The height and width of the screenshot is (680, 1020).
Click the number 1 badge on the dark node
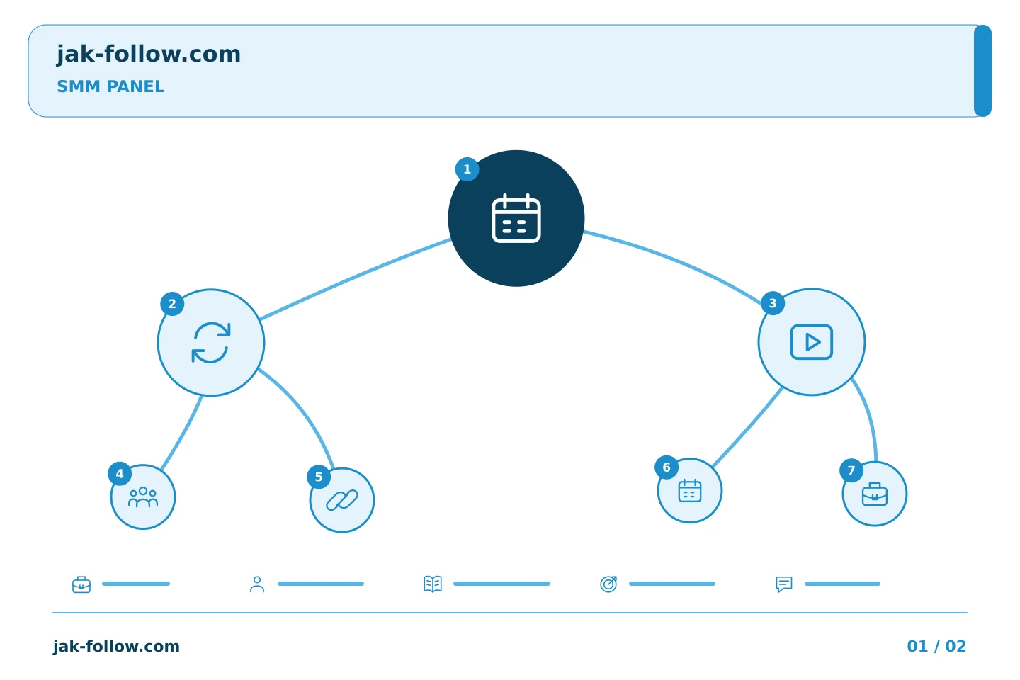[x=467, y=169]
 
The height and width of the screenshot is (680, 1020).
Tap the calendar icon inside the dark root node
[x=516, y=218]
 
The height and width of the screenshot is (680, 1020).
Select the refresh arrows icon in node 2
[x=211, y=343]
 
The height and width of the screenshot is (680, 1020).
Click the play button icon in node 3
[x=812, y=342]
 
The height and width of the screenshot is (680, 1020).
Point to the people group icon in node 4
[x=143, y=497]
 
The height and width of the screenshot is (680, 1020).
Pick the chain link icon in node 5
[x=342, y=500]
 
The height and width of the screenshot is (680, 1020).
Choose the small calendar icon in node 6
[x=690, y=491]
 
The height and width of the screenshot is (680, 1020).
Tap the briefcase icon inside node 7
[x=875, y=494]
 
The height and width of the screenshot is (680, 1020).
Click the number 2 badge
[x=172, y=304]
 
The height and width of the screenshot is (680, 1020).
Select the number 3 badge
[x=773, y=303]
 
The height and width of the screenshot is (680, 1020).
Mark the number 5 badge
[x=319, y=477]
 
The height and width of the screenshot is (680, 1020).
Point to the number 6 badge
[x=667, y=467]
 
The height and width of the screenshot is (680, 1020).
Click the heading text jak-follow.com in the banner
[x=149, y=54]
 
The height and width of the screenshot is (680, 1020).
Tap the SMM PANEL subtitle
[x=110, y=86]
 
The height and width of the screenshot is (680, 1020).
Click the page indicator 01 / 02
[x=936, y=646]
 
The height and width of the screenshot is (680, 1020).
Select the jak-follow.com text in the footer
[x=116, y=646]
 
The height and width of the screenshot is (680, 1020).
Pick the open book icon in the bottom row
[x=433, y=584]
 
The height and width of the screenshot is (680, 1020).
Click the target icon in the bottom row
[x=608, y=584]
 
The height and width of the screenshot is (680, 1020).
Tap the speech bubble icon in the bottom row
[x=784, y=584]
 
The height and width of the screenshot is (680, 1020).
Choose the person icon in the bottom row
[x=257, y=584]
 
